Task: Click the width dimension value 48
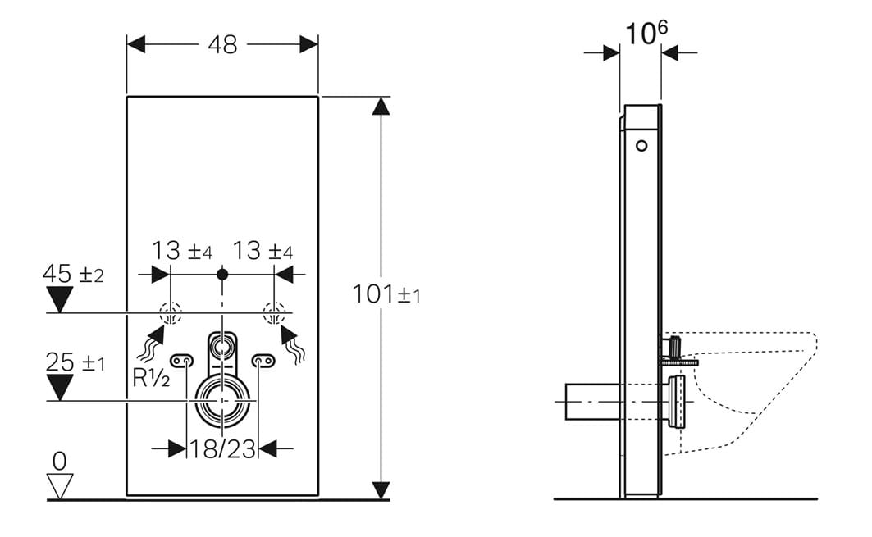click(222, 44)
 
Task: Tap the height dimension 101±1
click(386, 294)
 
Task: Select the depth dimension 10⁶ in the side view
click(646, 33)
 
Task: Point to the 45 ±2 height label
click(73, 274)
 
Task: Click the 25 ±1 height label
click(75, 363)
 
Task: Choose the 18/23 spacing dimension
click(222, 448)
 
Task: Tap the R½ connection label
click(151, 377)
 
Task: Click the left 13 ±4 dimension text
click(182, 251)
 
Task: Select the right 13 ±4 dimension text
click(263, 251)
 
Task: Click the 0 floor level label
click(59, 461)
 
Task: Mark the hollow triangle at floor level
click(60, 486)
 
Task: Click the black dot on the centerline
click(222, 274)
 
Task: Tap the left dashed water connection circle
click(171, 313)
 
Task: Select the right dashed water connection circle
click(274, 313)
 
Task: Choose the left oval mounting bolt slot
click(182, 362)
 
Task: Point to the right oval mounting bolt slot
click(263, 362)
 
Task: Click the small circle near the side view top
click(641, 146)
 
